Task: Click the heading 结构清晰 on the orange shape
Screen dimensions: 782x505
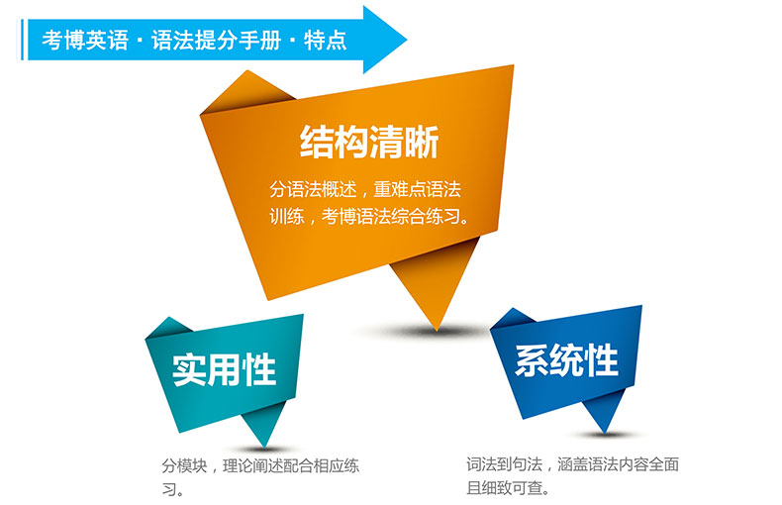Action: click(x=369, y=143)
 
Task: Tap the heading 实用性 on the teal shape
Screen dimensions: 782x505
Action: click(x=224, y=369)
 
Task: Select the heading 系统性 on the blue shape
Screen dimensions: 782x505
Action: click(x=566, y=359)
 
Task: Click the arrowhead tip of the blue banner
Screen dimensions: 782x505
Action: click(x=407, y=40)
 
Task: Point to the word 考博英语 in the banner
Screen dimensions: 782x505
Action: click(x=85, y=40)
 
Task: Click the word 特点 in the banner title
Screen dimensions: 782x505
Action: click(x=325, y=40)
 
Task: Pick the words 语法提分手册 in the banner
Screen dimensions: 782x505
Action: click(x=217, y=40)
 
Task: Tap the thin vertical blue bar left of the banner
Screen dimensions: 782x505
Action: click(x=23, y=40)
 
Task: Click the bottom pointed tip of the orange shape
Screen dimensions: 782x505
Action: click(x=437, y=331)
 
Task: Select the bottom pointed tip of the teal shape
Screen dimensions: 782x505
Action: click(x=264, y=447)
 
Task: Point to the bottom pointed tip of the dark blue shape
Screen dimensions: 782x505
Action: click(x=605, y=433)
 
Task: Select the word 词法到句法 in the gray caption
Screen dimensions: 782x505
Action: click(x=504, y=464)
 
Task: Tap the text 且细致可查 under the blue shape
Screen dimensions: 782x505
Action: click(x=504, y=487)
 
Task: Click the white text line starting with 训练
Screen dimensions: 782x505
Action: click(x=369, y=216)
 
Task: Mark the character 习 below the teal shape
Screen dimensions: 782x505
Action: click(x=169, y=489)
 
